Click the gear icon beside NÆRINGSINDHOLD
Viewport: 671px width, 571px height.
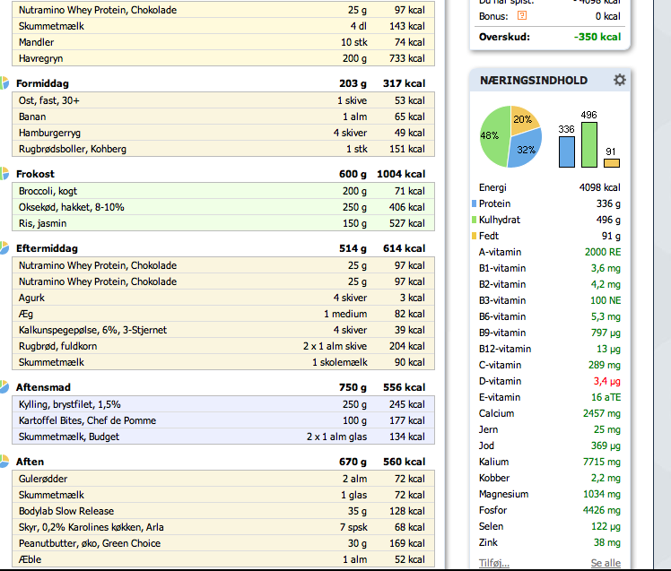[x=619, y=80]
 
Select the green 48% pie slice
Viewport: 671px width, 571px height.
[x=492, y=137]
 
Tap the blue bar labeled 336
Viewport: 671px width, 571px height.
[x=567, y=151]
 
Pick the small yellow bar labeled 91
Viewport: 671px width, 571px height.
[x=612, y=163]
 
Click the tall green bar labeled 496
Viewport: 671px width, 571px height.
[x=589, y=145]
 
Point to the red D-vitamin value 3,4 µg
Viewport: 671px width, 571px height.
[x=606, y=381]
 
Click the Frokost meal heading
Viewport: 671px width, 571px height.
[x=35, y=174]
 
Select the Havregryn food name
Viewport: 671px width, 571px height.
[x=40, y=58]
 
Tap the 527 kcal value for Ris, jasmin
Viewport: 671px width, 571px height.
[x=406, y=223]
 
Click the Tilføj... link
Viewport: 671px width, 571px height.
[x=494, y=563]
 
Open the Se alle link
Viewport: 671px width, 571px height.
[x=606, y=563]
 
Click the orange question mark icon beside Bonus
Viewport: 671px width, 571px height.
[x=522, y=16]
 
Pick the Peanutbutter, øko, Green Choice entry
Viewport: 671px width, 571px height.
[x=90, y=543]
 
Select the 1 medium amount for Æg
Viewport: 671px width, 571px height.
[x=345, y=314]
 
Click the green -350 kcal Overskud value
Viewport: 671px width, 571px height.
[x=597, y=37]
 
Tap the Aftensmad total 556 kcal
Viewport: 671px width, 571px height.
[x=404, y=387]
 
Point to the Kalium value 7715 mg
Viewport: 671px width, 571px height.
[x=602, y=462]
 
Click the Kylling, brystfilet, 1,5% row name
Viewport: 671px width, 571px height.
[x=70, y=404]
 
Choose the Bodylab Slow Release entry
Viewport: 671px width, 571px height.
[x=66, y=511]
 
